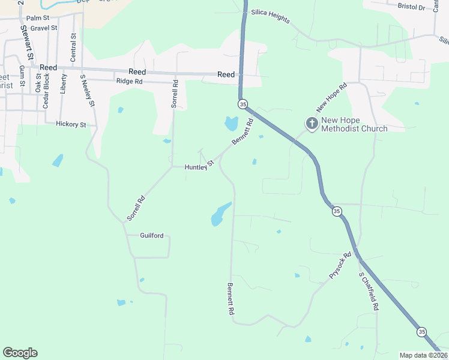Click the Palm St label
click(37, 19)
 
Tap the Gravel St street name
click(45, 28)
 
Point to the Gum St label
click(22, 76)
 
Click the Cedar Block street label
click(45, 91)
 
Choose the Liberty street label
click(64, 82)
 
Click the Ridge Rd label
click(129, 81)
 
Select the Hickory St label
click(71, 124)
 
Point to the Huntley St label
click(199, 166)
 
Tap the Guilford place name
click(152, 236)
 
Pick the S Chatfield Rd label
click(369, 291)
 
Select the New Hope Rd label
click(332, 98)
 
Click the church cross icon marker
click(312, 124)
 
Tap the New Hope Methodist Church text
click(354, 124)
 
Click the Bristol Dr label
click(411, 7)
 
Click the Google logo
click(20, 353)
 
